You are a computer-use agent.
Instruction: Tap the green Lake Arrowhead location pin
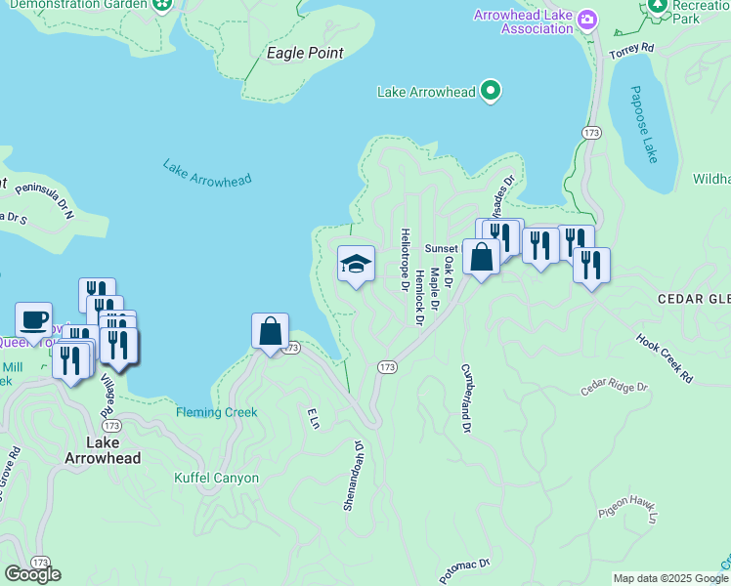click(x=493, y=93)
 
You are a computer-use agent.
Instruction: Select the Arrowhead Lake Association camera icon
click(x=586, y=19)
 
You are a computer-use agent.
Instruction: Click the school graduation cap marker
click(x=356, y=264)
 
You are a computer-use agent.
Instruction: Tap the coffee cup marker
click(x=34, y=319)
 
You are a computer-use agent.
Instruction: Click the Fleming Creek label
click(x=217, y=412)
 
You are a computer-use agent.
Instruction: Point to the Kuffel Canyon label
click(x=216, y=478)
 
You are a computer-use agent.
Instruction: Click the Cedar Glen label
click(x=694, y=298)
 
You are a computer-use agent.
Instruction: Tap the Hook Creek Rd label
click(x=664, y=358)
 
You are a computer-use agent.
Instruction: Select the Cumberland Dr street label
click(x=466, y=398)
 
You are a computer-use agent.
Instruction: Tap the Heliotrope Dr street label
click(x=405, y=260)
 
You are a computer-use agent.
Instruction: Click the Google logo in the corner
click(x=32, y=574)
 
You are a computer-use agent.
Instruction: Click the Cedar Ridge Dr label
click(x=615, y=388)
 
